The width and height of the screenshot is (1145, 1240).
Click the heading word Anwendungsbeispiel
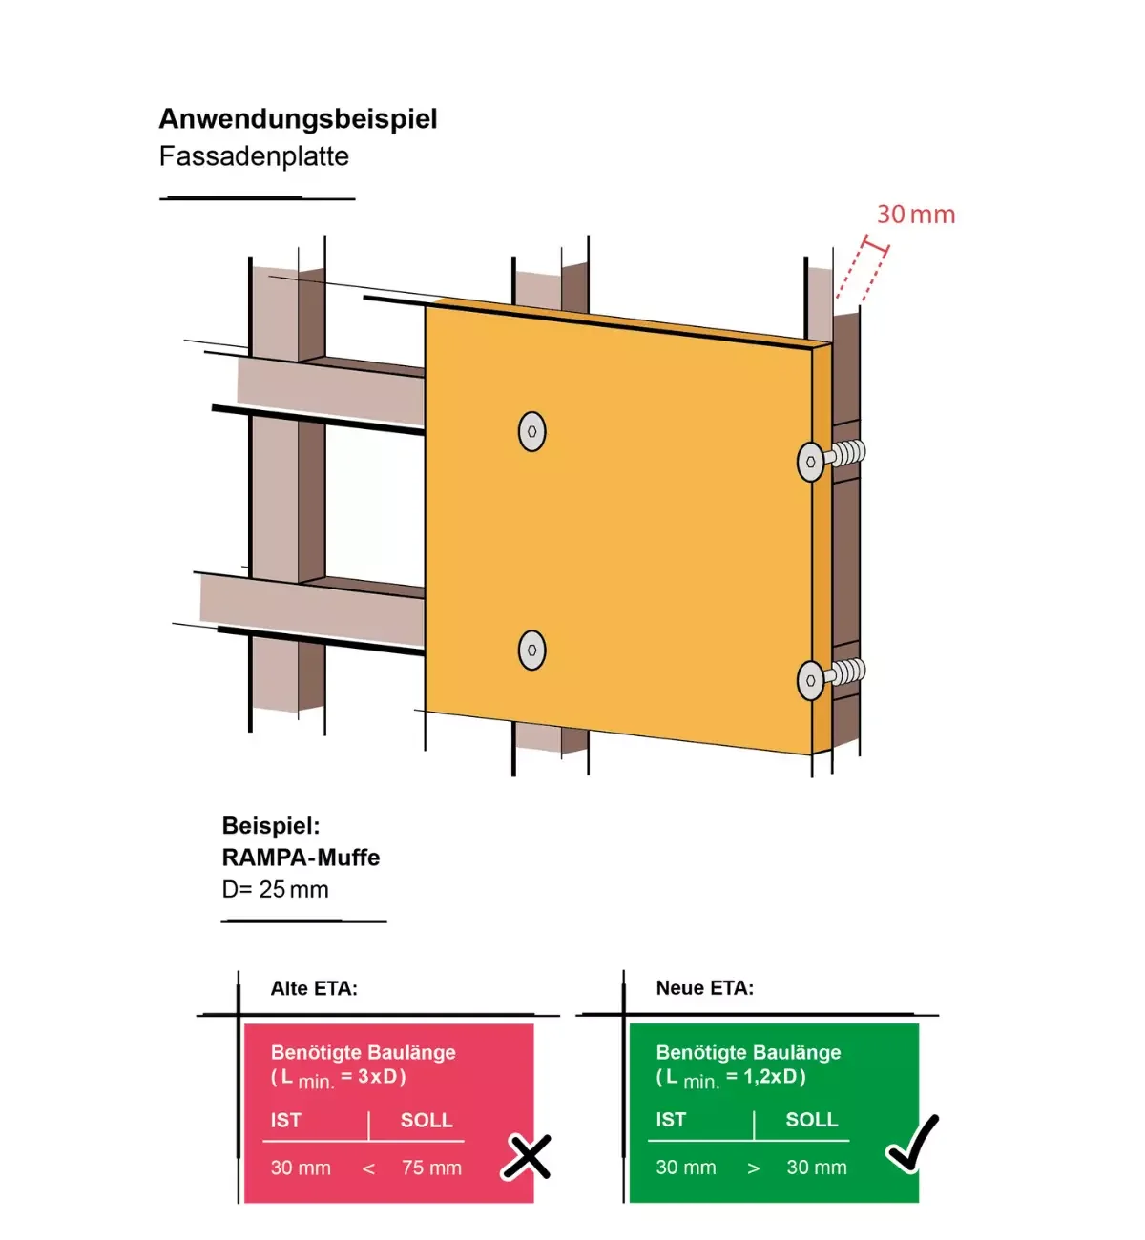[298, 119]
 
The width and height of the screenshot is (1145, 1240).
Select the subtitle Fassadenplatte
[254, 156]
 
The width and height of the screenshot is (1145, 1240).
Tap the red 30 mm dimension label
[915, 215]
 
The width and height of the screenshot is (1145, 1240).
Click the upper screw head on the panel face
[531, 431]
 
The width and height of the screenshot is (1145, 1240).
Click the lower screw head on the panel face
[531, 651]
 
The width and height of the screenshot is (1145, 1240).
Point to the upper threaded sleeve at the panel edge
[845, 453]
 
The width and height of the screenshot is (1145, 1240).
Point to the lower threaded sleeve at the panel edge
[845, 672]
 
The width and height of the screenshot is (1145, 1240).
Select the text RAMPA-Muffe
[301, 858]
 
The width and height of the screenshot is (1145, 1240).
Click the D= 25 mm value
[276, 890]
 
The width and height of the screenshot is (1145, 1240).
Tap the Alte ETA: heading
[314, 989]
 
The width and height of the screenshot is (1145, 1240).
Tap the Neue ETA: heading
[704, 989]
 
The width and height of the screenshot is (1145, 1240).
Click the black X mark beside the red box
[527, 1157]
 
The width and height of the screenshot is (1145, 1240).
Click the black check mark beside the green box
[913, 1143]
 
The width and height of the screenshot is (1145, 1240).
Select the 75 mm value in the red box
[431, 1168]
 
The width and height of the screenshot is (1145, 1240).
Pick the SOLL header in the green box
[811, 1120]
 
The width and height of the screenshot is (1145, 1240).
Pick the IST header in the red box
[285, 1121]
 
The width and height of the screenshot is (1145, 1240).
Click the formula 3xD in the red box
[377, 1077]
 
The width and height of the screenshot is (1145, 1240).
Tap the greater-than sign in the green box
[754, 1168]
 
